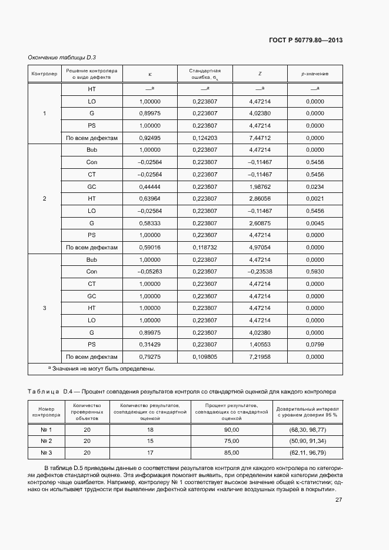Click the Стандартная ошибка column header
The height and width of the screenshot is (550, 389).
pos(205,74)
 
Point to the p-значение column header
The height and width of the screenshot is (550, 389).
pos(315,74)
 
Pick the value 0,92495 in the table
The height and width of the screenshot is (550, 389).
pos(149,138)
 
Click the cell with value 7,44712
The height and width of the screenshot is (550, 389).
pos(260,138)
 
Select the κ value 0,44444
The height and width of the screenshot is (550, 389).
pos(149,186)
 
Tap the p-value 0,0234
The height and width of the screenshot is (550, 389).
pos(315,186)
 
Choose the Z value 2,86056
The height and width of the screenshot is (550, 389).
pos(260,199)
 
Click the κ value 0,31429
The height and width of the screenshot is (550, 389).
pos(149,345)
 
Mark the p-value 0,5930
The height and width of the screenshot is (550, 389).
pos(315,272)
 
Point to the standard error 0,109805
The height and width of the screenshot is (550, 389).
pos(205,356)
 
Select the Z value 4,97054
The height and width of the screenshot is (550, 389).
pos(260,247)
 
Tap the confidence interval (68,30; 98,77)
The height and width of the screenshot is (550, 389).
pos(307,430)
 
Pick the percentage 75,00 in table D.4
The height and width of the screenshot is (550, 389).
pos(231,441)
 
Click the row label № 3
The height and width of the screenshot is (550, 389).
pos(46,452)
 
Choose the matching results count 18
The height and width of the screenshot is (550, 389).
pos(150,430)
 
